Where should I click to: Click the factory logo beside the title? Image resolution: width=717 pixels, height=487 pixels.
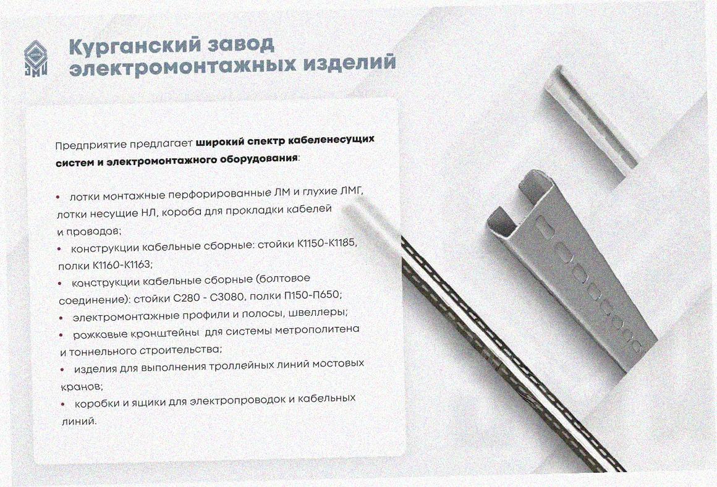(36, 57)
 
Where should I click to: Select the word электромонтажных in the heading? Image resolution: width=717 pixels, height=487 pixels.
(182, 67)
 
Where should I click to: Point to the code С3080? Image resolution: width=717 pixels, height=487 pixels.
(227, 297)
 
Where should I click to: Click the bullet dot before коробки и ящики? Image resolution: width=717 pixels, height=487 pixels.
(64, 404)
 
